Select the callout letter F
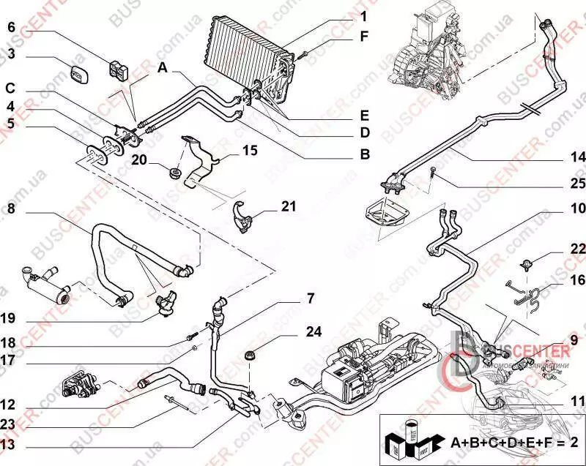point(364,35)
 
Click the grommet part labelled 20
point(174,173)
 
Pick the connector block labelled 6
point(118,69)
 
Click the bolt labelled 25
point(434,173)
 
